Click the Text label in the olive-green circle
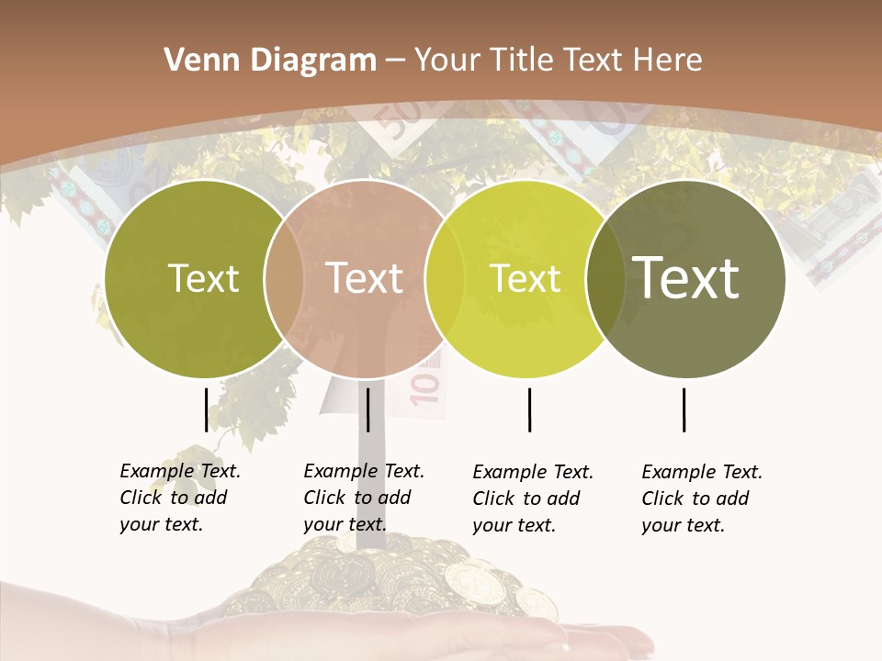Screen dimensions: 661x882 [x=203, y=278]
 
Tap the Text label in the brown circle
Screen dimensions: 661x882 [x=364, y=278]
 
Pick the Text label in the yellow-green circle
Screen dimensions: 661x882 [x=526, y=278]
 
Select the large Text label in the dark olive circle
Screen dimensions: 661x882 [x=686, y=277]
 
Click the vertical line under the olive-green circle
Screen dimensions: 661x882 [x=206, y=409]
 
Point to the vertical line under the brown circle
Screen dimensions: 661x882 [x=367, y=409]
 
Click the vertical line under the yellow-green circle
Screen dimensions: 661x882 [x=529, y=409]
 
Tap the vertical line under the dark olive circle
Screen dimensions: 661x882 [x=684, y=409]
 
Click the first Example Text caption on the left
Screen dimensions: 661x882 [x=180, y=498]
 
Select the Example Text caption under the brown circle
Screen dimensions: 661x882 [x=364, y=498]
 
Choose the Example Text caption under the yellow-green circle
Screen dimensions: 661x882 [x=533, y=499]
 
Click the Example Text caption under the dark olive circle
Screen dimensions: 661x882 [x=702, y=499]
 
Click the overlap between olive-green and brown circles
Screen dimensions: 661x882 [x=284, y=278]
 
